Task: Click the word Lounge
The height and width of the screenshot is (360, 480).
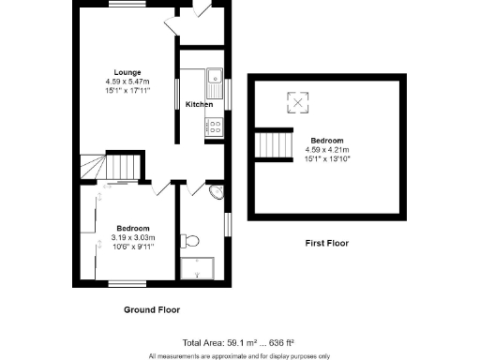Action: pos(127,72)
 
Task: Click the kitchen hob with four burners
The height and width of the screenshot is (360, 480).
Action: pos(214,128)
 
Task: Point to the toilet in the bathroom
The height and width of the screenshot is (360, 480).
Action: pos(194,241)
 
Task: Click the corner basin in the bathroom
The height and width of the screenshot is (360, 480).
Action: pos(217,193)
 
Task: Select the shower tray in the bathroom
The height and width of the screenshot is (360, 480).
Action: pos(202,265)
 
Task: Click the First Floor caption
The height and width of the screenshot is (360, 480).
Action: pos(326,243)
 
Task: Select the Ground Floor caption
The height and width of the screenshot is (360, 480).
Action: pos(152,308)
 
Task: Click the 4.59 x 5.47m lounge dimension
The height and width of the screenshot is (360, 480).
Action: pos(127,82)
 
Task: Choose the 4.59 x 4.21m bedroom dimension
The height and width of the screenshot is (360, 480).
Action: pos(327,149)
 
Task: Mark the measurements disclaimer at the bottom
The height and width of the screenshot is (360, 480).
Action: pos(240,355)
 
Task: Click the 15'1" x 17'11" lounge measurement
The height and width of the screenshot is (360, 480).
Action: pos(127,92)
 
